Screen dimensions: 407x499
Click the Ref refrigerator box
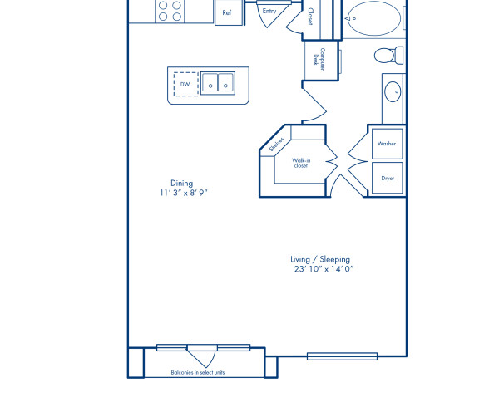[226, 13]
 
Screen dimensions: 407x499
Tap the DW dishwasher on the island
[185, 83]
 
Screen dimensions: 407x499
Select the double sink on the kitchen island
[219, 83]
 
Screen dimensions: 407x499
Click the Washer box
[387, 144]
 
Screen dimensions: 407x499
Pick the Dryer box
[388, 178]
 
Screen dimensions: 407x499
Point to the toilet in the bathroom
[387, 56]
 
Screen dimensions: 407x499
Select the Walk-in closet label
[300, 163]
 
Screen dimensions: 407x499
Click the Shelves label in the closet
[277, 145]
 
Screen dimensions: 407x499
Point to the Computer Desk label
[316, 57]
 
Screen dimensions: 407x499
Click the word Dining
[181, 183]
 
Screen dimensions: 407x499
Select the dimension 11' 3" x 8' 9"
[184, 193]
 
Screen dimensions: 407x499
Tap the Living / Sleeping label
[321, 258]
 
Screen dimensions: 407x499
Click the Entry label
[269, 12]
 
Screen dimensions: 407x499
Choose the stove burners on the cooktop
[170, 10]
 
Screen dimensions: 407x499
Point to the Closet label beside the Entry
[309, 17]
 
